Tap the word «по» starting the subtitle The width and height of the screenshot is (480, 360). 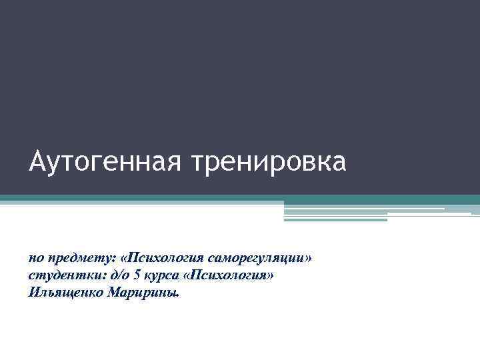coord(36,257)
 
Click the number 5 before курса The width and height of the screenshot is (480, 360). coord(134,275)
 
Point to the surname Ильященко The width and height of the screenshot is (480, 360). coord(65,293)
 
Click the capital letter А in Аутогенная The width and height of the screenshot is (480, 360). coord(37,163)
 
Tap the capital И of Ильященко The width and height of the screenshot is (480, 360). coord(33,292)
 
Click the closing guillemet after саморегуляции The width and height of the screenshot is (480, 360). coord(307,257)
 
